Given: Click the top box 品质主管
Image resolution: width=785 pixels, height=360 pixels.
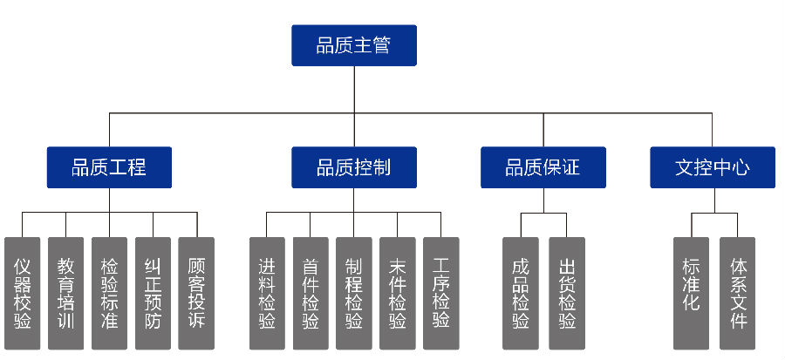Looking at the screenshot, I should click(x=353, y=45).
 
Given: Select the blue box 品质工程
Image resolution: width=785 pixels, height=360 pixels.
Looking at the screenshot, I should click(x=109, y=167).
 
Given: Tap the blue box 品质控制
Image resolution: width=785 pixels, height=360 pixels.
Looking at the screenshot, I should click(x=353, y=167).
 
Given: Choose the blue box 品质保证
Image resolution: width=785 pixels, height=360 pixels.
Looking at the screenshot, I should click(x=543, y=167).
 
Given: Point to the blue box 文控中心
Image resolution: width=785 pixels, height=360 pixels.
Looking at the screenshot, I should click(x=713, y=167).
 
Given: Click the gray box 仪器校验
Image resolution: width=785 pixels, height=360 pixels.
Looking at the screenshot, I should click(x=23, y=293).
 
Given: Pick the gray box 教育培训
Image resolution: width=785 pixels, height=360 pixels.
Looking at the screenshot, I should click(x=65, y=293).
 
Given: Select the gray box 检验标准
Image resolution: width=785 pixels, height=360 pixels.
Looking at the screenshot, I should click(x=109, y=293).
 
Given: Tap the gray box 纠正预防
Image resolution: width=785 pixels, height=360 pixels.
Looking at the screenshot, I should click(x=153, y=293).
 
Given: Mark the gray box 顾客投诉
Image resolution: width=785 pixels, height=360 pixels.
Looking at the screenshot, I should click(x=196, y=293).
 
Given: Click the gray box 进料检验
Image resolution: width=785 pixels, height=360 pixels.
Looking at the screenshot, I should click(x=267, y=293).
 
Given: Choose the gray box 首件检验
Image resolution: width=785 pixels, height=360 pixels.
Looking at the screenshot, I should click(x=311, y=293).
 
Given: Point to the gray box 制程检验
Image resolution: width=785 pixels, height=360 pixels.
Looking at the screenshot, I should click(x=353, y=293).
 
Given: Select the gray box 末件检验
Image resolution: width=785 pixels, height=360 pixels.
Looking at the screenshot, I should click(x=397, y=293).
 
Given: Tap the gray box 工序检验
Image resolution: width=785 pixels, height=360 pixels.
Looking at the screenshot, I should click(x=440, y=293).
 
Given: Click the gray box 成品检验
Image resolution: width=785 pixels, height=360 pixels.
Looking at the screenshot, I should click(x=521, y=293).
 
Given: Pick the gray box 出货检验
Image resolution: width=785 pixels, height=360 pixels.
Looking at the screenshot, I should click(x=566, y=293).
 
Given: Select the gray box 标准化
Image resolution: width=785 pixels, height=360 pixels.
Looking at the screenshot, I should click(x=691, y=293).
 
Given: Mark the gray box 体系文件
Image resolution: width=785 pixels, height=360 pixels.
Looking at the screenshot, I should click(x=737, y=293).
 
